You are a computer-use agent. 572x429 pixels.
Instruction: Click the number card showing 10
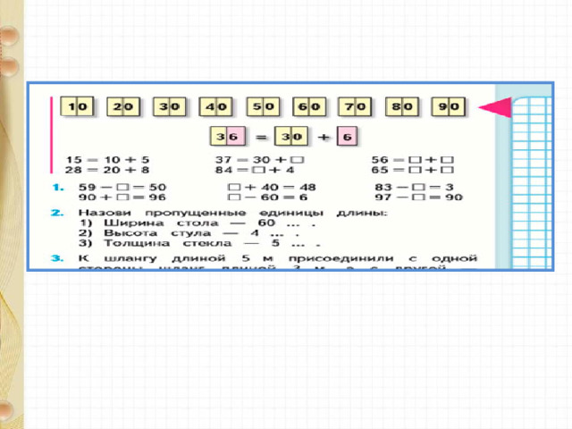tap(78, 107)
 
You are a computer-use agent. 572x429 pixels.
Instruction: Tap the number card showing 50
tap(263, 107)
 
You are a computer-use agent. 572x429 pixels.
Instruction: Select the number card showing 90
tap(449, 107)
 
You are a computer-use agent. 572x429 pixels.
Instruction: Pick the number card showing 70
tap(356, 107)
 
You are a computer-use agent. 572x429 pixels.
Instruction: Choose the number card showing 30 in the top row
tap(170, 107)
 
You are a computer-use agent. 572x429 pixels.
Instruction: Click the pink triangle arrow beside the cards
tap(495, 109)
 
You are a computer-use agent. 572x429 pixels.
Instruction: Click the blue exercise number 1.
tap(55, 187)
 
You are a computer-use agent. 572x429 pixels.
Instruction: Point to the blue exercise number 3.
tap(55, 257)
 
